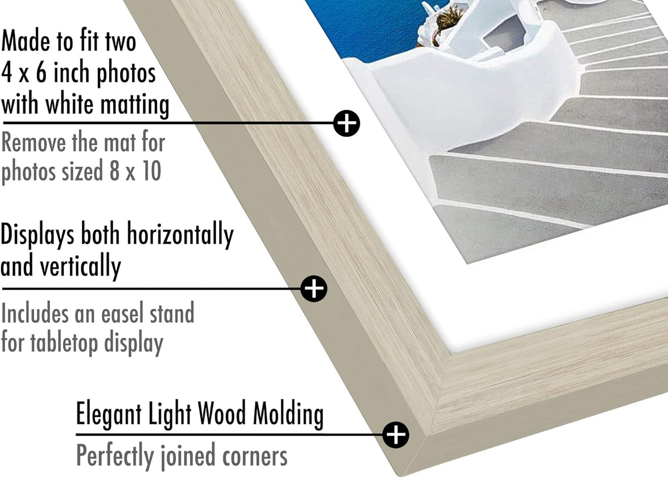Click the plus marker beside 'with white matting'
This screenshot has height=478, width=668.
pyautogui.click(x=346, y=123)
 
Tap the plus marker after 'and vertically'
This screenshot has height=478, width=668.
pyautogui.click(x=313, y=289)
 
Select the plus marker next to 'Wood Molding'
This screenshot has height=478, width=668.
pyautogui.click(x=396, y=435)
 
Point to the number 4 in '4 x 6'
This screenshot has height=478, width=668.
pyautogui.click(x=6, y=73)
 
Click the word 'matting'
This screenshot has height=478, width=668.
pyautogui.click(x=135, y=106)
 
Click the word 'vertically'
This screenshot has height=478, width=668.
pyautogui.click(x=80, y=267)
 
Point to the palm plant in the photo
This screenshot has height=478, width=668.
pyautogui.click(x=447, y=19)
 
